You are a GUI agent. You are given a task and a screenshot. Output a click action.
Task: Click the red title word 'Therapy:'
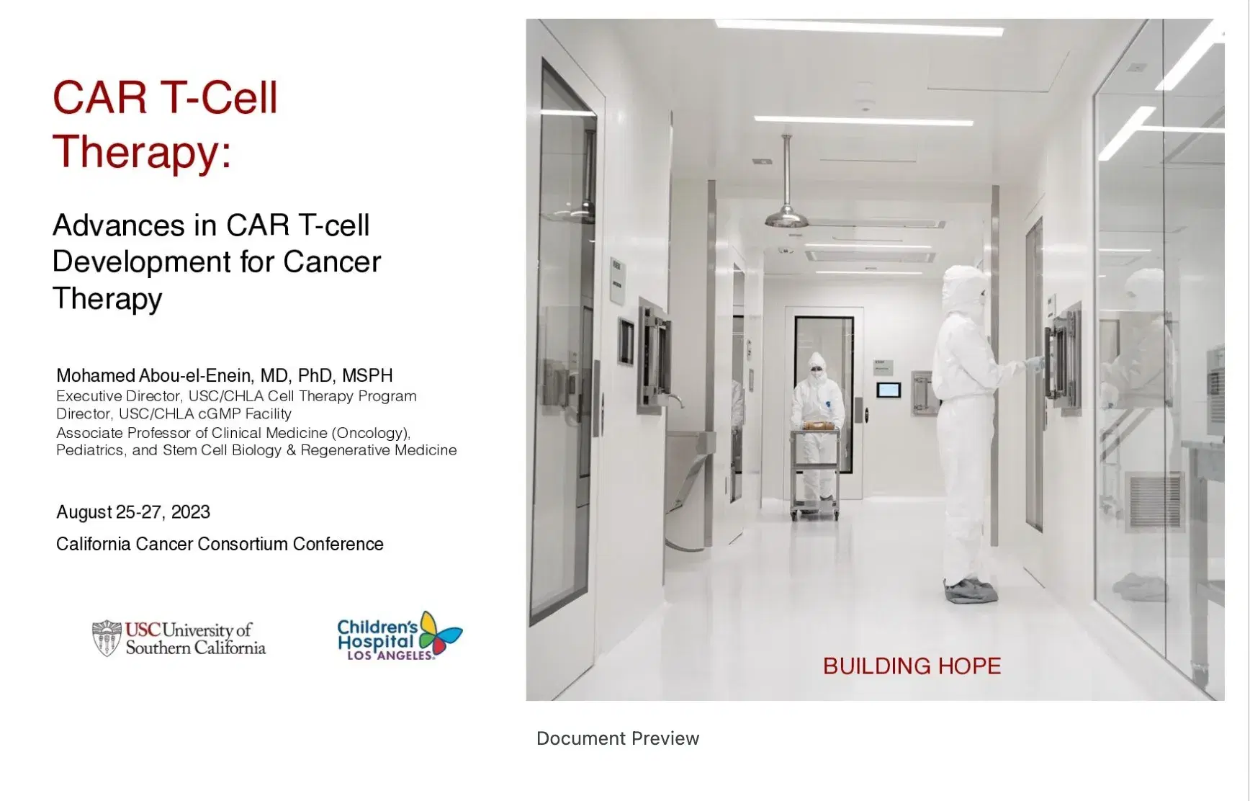[142, 152]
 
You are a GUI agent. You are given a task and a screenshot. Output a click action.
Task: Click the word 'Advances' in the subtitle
[119, 225]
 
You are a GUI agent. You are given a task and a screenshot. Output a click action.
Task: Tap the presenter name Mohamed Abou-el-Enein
[154, 376]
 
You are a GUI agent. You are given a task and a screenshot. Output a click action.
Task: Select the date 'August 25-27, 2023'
[133, 512]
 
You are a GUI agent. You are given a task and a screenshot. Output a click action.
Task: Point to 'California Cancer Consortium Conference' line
[220, 544]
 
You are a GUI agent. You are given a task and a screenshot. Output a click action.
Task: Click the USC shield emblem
[107, 638]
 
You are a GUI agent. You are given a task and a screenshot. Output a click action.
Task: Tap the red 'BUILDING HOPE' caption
[912, 666]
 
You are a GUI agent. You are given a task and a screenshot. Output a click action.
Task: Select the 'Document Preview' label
[618, 738]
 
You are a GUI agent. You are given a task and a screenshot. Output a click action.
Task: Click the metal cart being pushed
[814, 470]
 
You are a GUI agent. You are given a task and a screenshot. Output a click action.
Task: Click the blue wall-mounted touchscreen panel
[889, 390]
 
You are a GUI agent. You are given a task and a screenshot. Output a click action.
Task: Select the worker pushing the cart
[817, 425]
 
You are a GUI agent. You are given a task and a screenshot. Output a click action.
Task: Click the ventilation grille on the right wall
[1154, 502]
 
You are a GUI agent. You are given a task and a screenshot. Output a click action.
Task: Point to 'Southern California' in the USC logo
[196, 648]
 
